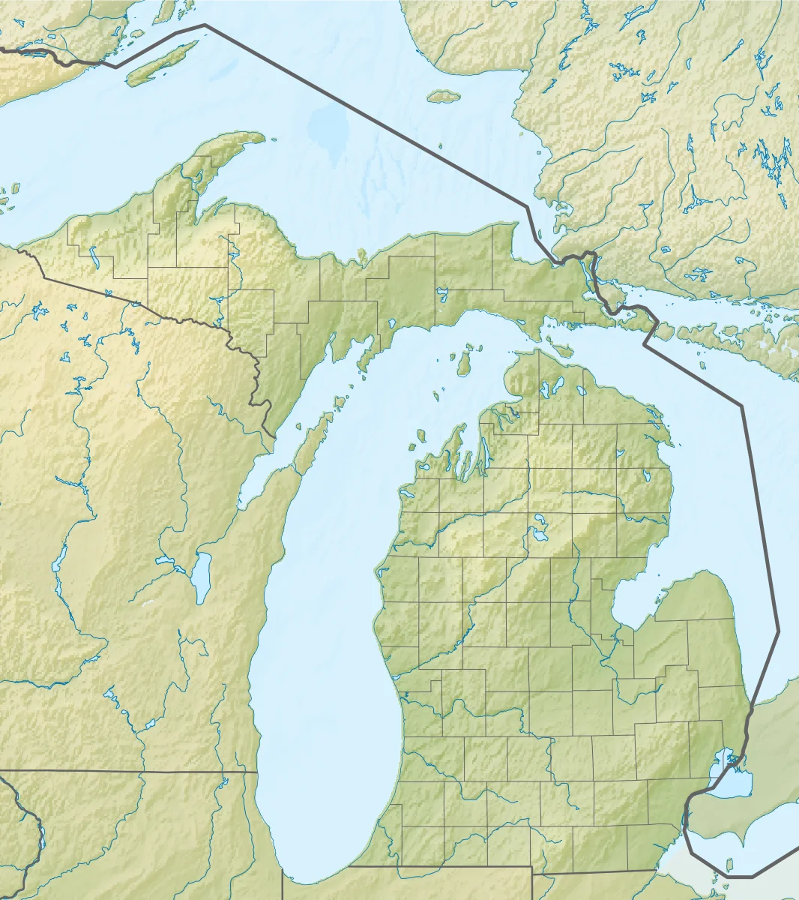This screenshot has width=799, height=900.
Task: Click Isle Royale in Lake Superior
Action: tap(161, 63)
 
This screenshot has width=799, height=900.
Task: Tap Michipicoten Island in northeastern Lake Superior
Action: tap(443, 96)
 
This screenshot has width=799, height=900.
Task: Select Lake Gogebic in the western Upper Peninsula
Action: tap(94, 258)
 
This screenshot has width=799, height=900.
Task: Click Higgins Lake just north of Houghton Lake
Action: tap(537, 518)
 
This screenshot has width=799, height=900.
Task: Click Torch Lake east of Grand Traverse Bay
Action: tap(485, 452)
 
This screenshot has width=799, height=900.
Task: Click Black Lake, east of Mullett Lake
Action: tap(581, 390)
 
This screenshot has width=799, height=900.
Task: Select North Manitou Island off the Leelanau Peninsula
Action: tap(421, 435)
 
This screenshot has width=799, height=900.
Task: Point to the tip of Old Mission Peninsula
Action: tap(462, 453)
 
